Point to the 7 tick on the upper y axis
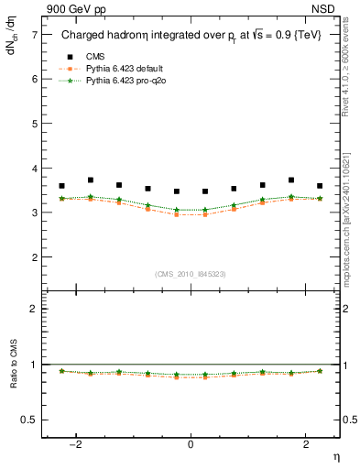click(x=36, y=34)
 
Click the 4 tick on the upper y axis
click(x=36, y=169)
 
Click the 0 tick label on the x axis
click(x=191, y=443)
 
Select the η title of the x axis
click(x=335, y=455)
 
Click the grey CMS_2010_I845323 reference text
click(x=191, y=274)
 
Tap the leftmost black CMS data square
click(x=62, y=186)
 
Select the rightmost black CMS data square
click(x=320, y=186)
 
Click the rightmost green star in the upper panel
click(x=320, y=199)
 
